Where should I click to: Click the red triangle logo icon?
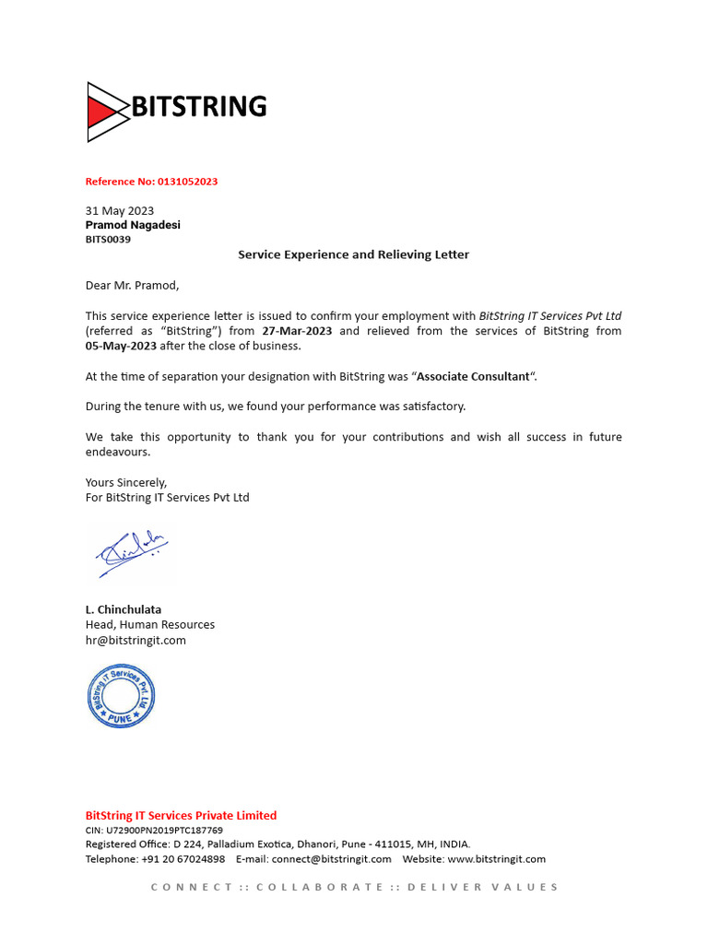coord(103,112)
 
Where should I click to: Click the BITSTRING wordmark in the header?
coord(199,107)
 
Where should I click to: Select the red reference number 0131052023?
coord(181,182)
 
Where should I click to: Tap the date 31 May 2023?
coord(120,210)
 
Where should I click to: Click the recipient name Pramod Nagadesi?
coord(133,225)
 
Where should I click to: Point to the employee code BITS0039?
coord(108,240)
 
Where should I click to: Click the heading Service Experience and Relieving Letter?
coord(353,254)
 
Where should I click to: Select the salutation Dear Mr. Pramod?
coord(132,285)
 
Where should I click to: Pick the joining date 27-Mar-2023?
coord(297,331)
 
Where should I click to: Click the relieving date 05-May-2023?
coord(121,346)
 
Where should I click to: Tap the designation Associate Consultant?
coord(474,376)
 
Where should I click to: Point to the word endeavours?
coord(117,452)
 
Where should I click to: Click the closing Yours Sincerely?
coord(126,482)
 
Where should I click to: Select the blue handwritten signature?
coord(132,553)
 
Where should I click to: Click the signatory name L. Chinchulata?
coord(124,609)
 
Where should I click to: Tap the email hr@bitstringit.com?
coord(136,640)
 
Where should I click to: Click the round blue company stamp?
coord(121,696)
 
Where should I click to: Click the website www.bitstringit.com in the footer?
coord(496,858)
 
